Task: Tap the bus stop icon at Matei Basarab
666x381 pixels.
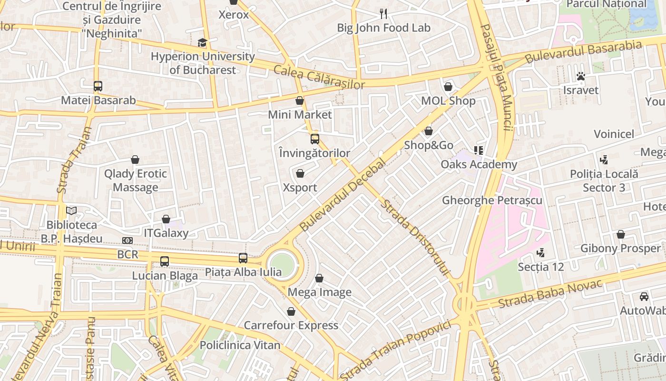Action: pos(98,86)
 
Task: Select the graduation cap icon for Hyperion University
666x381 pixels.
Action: pos(203,43)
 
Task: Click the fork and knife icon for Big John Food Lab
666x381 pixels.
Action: pos(383,13)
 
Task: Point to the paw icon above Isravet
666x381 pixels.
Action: pos(580,76)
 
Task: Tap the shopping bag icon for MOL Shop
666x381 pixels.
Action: pos(448,87)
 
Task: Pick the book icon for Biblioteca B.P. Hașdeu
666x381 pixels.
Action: pos(71,211)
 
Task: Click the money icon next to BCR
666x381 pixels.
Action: pos(127,241)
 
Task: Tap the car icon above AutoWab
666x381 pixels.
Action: pos(644,296)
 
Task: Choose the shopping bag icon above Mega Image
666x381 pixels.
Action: pos(319,278)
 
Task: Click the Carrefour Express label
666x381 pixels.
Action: pos(291,325)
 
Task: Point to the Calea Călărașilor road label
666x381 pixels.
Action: pos(319,77)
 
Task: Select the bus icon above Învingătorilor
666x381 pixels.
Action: pos(314,139)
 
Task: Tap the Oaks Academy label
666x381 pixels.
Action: pos(479,164)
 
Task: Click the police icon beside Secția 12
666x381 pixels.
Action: pos(540,252)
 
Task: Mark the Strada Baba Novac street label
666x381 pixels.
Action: pos(550,293)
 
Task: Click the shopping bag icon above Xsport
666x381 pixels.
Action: pos(300,173)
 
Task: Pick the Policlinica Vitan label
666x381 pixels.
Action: pos(240,345)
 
